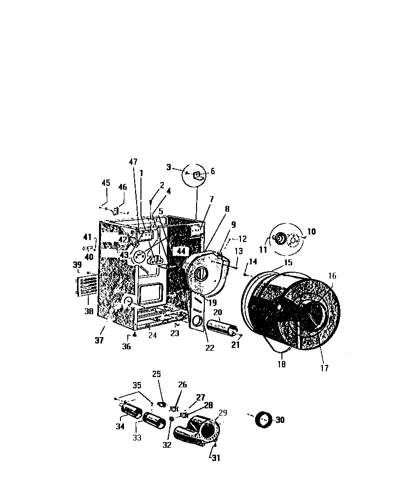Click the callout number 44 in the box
181,251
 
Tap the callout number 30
280,420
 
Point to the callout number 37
99,341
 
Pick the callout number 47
134,161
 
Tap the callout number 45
106,183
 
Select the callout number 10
311,232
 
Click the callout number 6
212,172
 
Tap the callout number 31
216,458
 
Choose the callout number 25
156,374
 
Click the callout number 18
281,364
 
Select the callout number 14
252,262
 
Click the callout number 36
127,346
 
